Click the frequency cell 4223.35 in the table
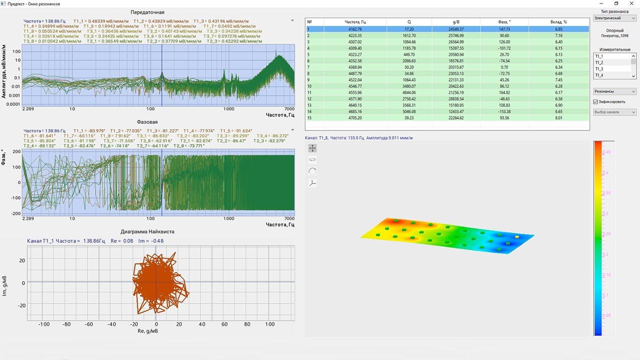coord(355,36)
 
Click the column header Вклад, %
coord(558,22)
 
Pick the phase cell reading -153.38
coord(504,111)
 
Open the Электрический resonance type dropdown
coord(614,18)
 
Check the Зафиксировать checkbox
coord(595,102)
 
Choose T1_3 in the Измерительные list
coord(599,69)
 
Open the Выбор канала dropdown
coord(614,112)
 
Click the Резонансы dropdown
coord(614,91)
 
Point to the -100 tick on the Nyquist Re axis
coord(44,324)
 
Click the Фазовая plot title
coord(147,121)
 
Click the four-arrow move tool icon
coord(312,148)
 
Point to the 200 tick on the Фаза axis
coord(15,151)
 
